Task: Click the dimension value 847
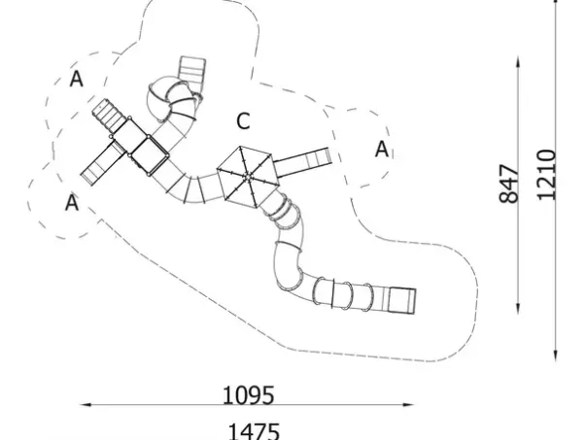(x=509, y=183)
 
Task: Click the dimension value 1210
(x=546, y=175)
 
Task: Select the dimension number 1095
(x=249, y=395)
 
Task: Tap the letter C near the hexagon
(x=243, y=121)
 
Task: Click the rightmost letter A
(x=382, y=149)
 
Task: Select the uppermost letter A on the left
(x=76, y=80)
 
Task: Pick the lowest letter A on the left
(x=71, y=203)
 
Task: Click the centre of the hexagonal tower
(x=248, y=176)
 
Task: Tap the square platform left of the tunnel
(x=149, y=152)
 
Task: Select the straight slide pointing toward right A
(x=307, y=158)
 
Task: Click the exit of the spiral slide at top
(x=191, y=71)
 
